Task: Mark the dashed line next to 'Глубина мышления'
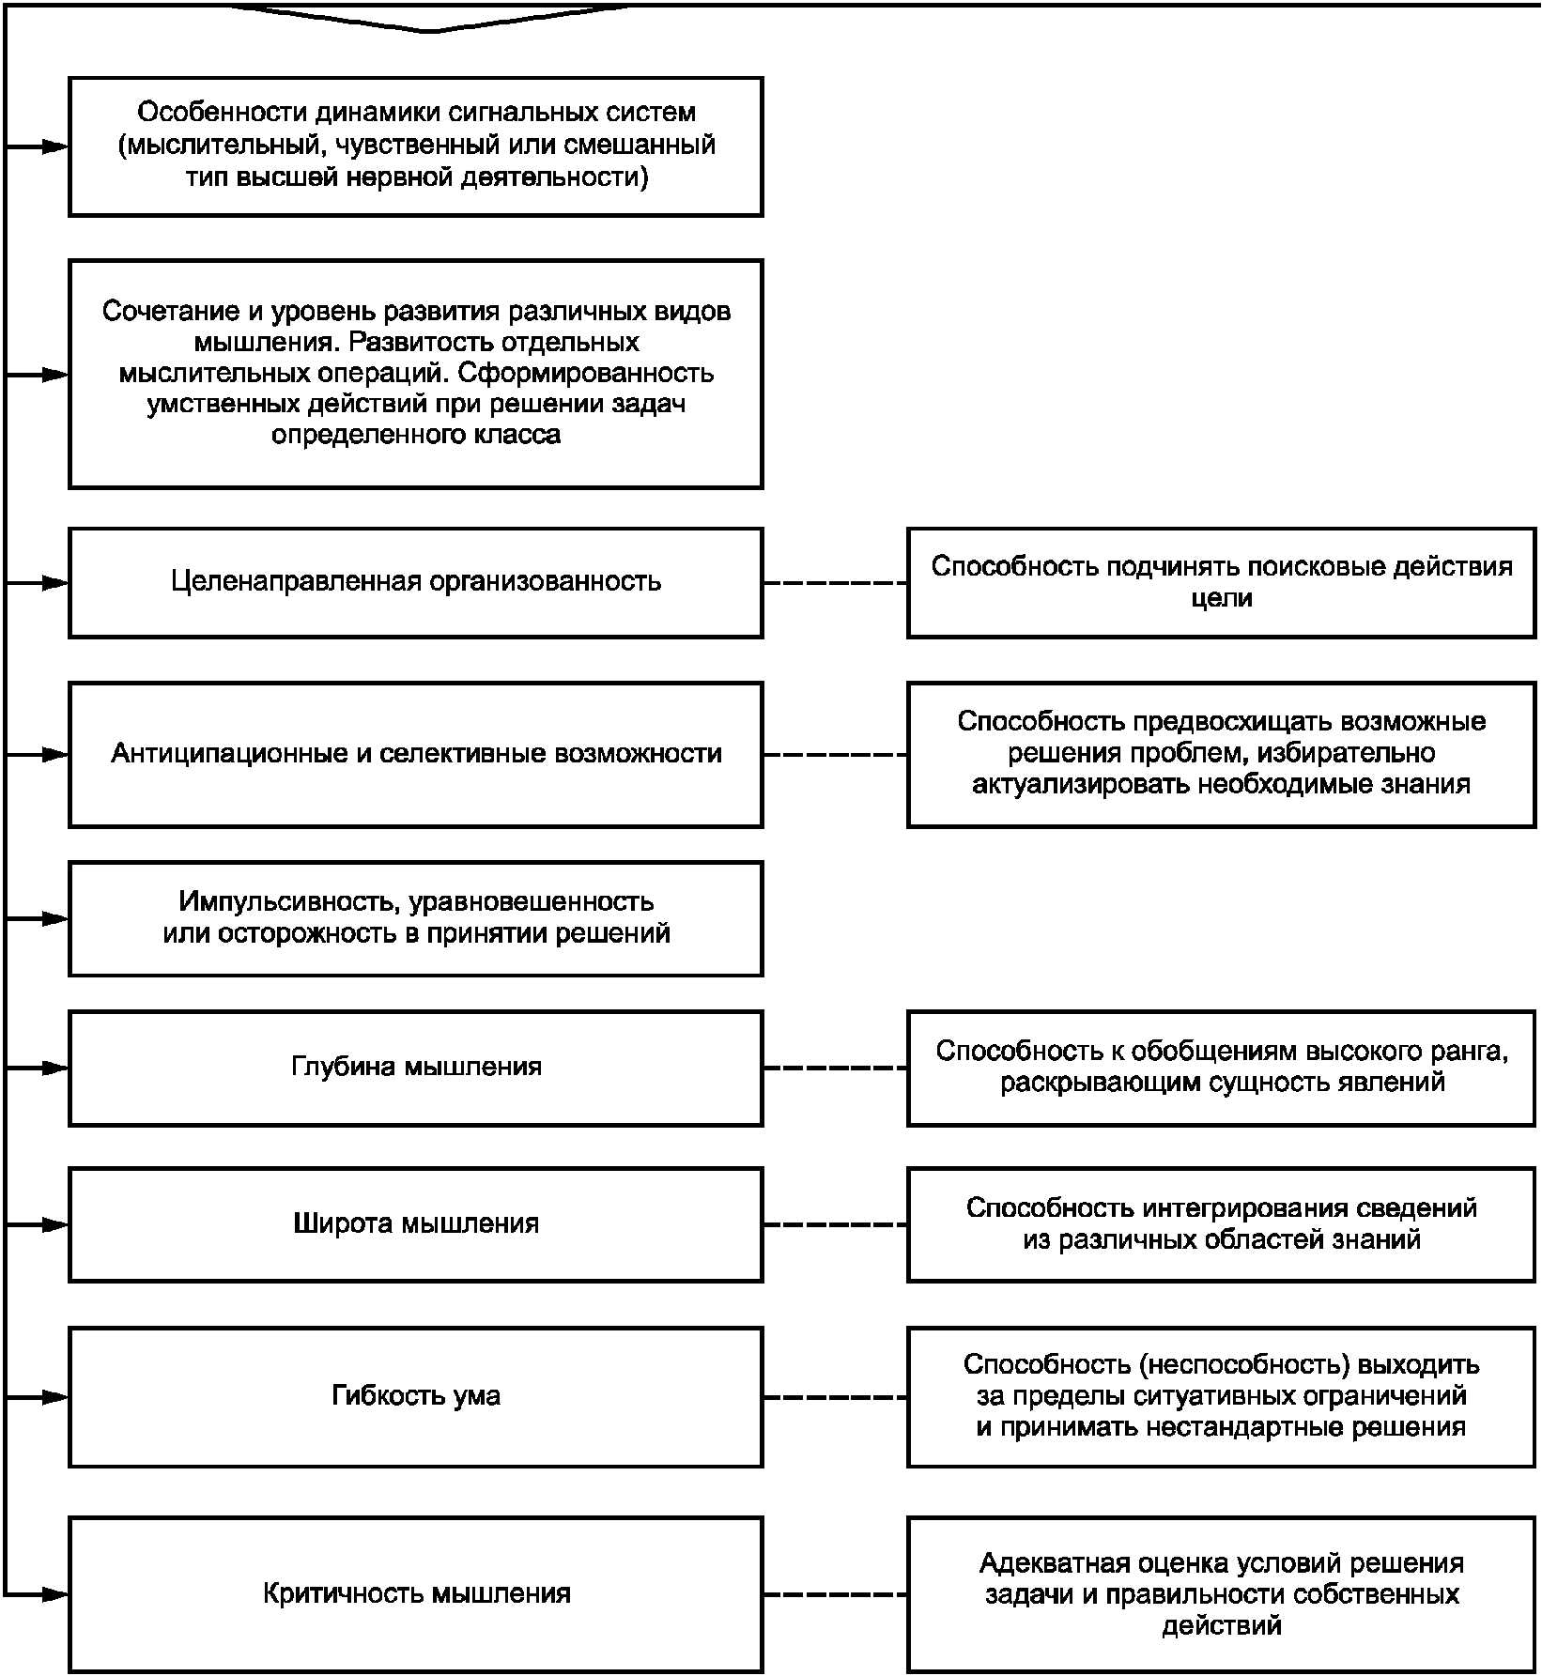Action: click(x=835, y=1068)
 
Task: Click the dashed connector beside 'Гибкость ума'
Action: click(x=835, y=1397)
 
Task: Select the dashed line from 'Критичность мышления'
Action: click(x=835, y=1594)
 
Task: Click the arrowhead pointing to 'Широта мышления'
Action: click(x=55, y=1224)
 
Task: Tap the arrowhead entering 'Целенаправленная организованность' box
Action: click(x=55, y=582)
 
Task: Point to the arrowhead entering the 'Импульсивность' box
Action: click(x=55, y=918)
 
